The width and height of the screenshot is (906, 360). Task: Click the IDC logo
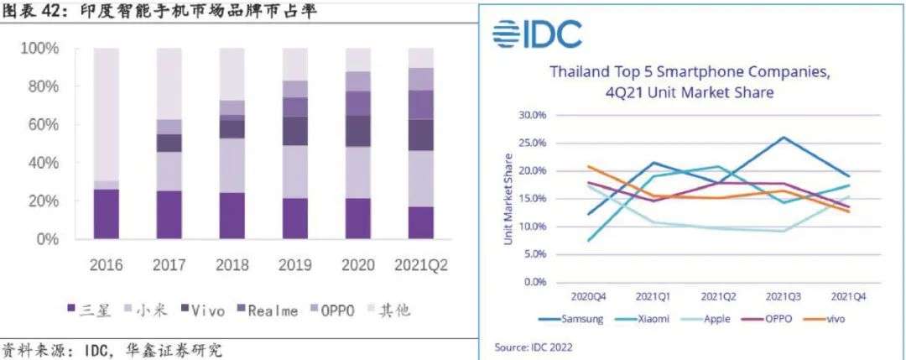pos(537,34)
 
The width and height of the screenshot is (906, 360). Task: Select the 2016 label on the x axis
pos(106,266)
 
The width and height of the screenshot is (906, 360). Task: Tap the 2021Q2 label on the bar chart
pos(420,266)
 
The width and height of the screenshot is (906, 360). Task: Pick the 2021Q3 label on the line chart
pos(784,296)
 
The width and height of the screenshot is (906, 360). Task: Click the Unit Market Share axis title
pos(508,199)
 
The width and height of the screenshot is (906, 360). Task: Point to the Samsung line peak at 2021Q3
pos(784,137)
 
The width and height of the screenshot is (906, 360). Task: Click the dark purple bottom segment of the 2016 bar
pos(106,214)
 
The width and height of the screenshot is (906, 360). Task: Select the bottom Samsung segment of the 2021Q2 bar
pos(420,222)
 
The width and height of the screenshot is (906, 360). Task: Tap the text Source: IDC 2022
pos(534,346)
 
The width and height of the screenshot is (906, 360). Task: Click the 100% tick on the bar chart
pos(40,49)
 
